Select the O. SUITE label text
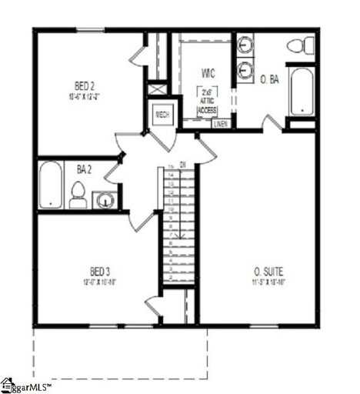[x=268, y=271]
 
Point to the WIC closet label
[x=208, y=74]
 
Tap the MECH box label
[x=162, y=115]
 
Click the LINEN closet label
[x=221, y=123]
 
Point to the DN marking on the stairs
[x=182, y=164]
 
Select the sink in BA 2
[x=106, y=201]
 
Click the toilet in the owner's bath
[x=300, y=45]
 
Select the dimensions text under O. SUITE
[x=268, y=282]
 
